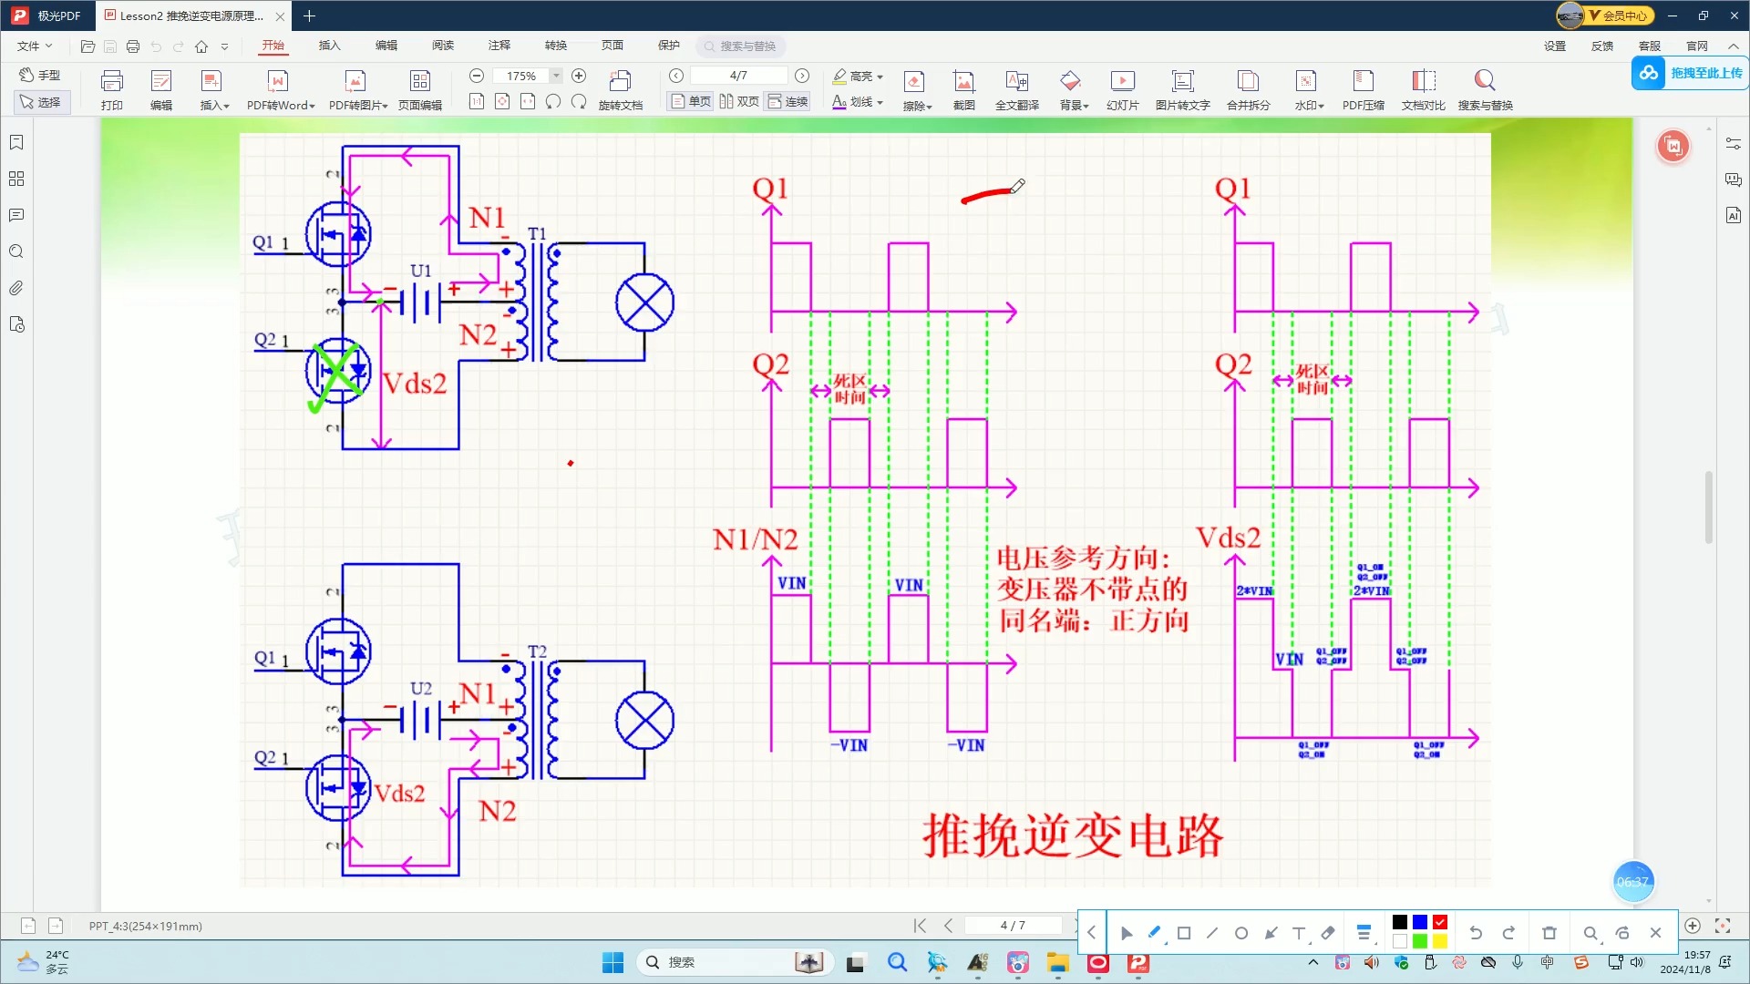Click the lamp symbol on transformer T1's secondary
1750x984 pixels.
644,302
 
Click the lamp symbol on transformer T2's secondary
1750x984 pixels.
644,720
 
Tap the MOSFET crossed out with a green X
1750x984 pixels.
338,372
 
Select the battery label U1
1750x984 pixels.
420,271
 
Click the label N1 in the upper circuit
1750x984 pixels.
487,218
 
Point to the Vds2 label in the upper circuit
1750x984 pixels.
415,384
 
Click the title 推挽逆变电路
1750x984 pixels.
1073,835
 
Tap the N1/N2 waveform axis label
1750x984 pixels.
755,539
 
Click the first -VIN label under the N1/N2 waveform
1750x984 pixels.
849,745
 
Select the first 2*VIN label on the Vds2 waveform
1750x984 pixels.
1254,590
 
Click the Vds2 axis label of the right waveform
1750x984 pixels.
1228,538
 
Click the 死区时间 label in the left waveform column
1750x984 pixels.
849,389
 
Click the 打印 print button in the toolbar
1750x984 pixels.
112,89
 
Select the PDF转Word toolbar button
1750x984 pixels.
280,89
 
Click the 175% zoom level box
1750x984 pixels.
521,76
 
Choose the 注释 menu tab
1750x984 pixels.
499,46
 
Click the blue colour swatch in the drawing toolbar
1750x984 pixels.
1420,922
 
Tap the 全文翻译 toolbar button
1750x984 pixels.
1016,89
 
